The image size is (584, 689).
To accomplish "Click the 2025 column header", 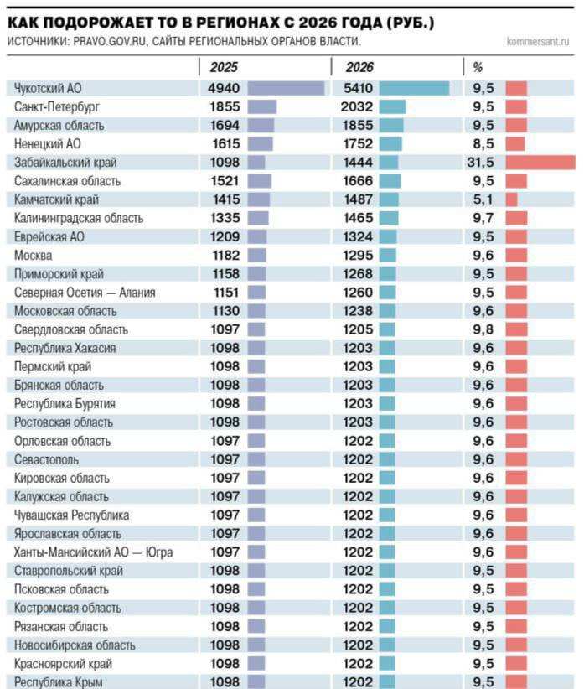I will click(222, 67).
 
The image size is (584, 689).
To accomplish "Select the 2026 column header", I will click(359, 67).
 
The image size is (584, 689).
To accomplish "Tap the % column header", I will click(478, 67).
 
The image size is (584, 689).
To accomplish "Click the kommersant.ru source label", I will click(538, 41).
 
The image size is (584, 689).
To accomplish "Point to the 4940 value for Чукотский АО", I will click(225, 88).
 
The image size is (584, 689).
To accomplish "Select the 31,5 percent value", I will click(480, 163).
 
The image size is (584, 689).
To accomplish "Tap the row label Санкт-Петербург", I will click(56, 106).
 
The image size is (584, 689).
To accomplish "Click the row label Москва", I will click(34, 255).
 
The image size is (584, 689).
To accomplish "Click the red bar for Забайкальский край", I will click(540, 163).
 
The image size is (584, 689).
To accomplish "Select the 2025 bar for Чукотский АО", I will click(286, 88).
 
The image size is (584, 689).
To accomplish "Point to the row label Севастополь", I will click(48, 459).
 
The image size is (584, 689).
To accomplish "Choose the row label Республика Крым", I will click(59, 682).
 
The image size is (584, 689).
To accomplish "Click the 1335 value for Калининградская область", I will click(225, 218).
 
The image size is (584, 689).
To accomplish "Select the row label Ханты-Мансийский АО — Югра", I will click(94, 552).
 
